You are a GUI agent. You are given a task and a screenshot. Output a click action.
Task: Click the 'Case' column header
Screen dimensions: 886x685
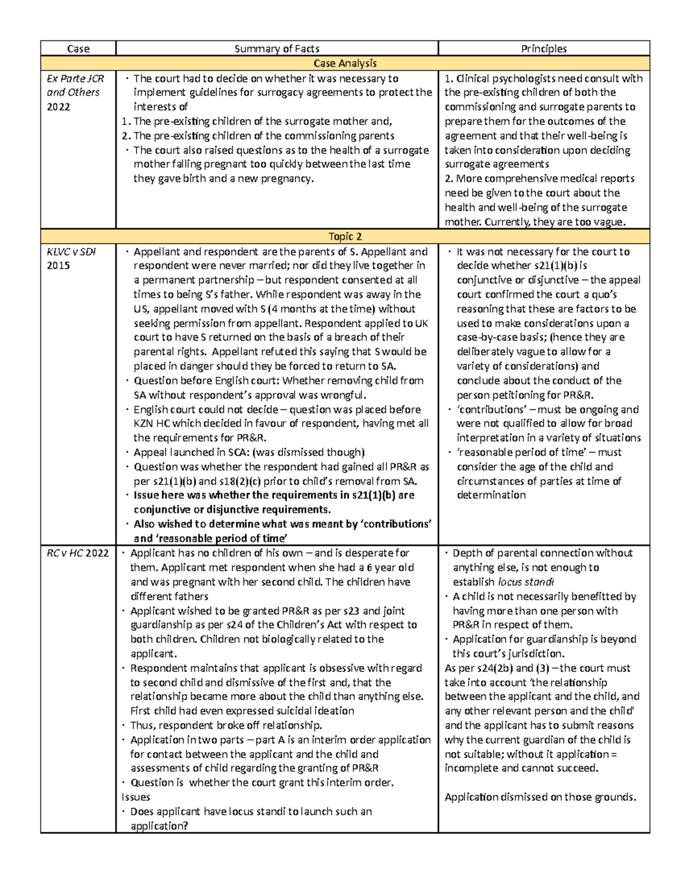pos(78,48)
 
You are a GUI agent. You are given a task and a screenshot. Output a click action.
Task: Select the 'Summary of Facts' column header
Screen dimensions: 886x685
pos(277,48)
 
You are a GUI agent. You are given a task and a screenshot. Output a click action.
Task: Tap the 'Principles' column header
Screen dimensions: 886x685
pos(543,48)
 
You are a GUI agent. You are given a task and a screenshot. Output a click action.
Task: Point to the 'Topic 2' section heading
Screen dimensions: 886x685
pos(345,236)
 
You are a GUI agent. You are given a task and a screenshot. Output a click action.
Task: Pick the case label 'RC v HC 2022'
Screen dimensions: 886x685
pos(78,553)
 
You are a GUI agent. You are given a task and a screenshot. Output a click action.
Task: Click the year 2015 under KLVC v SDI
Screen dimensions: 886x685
pos(59,265)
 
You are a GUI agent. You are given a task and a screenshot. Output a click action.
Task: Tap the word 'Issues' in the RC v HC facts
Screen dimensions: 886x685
pos(136,797)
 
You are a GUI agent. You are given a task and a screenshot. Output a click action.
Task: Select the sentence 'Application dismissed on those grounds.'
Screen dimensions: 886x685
pos(540,797)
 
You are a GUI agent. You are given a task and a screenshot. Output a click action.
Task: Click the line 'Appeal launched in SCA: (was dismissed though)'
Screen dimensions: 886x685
pos(249,452)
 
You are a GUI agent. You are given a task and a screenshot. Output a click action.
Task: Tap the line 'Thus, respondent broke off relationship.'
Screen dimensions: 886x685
pos(226,725)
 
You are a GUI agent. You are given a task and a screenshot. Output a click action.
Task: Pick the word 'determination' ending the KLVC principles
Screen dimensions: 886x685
pos(491,495)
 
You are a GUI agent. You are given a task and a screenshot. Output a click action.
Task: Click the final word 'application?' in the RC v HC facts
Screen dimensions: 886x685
pos(159,826)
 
